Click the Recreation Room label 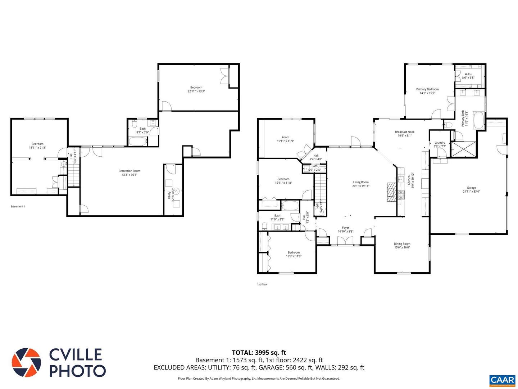(129, 171)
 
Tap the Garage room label (471, 188)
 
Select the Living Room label (360, 182)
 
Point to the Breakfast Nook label (404, 132)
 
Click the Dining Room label (402, 244)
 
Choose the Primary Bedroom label (427, 89)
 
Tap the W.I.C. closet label (468, 74)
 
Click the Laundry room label (440, 143)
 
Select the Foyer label (345, 228)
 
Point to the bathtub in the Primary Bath (479, 120)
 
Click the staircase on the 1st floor (320, 194)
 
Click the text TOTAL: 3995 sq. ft (259, 353)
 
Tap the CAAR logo (502, 380)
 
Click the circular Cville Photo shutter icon (26, 362)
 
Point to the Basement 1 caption (18, 206)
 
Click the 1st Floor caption (262, 284)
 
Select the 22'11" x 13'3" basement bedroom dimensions (196, 91)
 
